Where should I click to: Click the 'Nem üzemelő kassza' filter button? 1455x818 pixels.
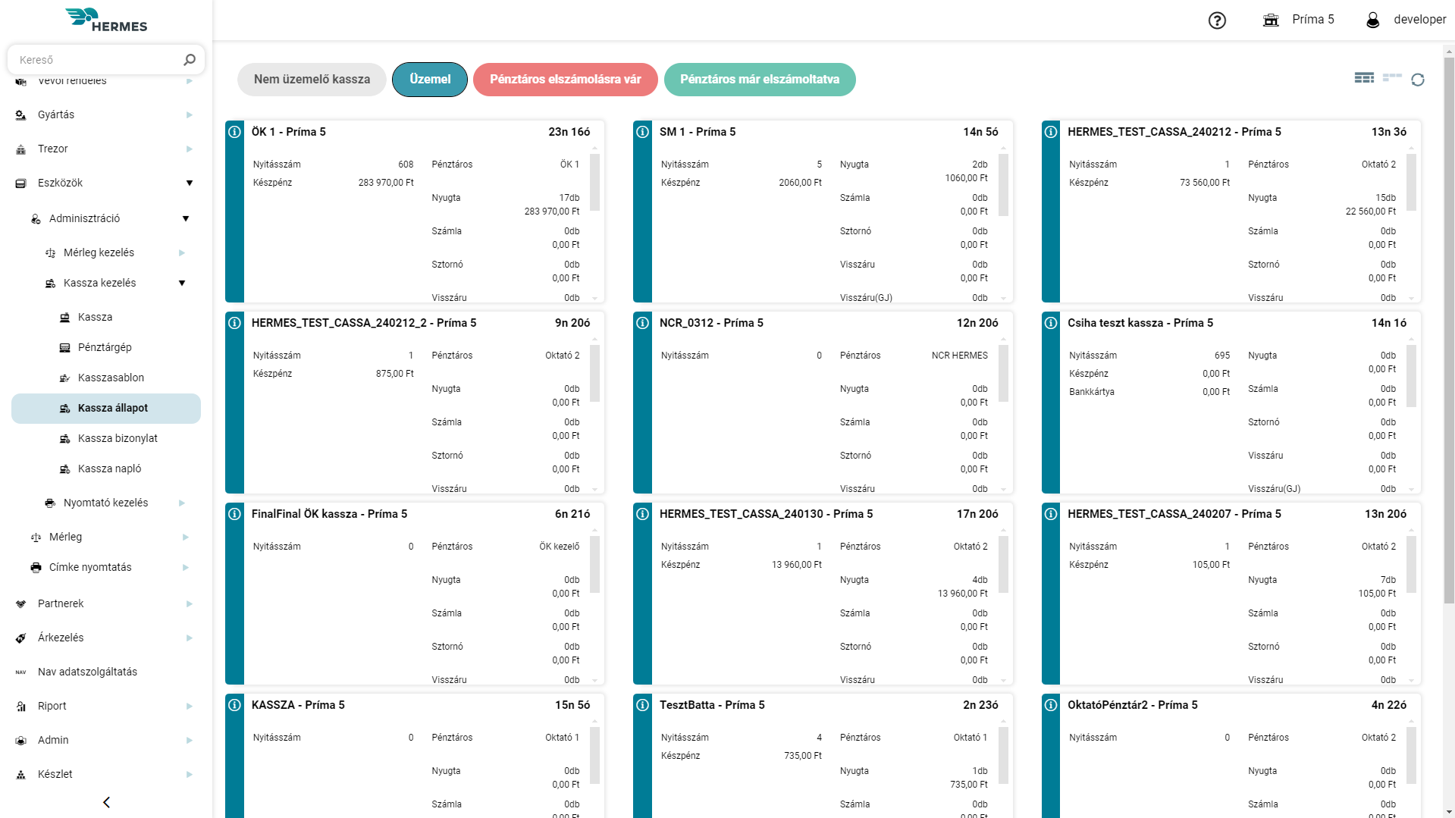point(312,80)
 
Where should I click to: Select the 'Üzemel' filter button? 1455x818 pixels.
point(430,80)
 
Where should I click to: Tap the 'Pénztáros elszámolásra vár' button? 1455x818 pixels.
point(565,80)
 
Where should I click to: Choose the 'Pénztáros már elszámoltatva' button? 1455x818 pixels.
point(759,80)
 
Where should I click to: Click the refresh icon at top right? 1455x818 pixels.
point(1418,80)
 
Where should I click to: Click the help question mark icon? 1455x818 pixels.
point(1217,20)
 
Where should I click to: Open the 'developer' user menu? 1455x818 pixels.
point(1406,20)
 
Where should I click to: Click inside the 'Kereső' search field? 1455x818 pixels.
point(99,60)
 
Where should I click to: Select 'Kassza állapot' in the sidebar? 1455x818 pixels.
point(112,408)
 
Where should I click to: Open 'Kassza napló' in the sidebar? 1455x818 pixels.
point(109,469)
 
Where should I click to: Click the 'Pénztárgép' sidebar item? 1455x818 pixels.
point(105,347)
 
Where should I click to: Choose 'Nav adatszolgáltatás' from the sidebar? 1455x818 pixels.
point(87,672)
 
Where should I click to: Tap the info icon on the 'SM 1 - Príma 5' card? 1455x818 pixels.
point(642,132)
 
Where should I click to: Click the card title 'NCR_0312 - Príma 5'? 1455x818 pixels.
point(711,323)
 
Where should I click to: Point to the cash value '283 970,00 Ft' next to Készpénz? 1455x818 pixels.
point(386,183)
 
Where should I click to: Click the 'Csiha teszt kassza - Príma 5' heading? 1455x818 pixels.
point(1140,323)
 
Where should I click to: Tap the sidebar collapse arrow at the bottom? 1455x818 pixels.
point(106,802)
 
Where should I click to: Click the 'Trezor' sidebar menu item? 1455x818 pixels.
point(53,149)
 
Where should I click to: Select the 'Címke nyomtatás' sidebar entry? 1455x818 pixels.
point(90,567)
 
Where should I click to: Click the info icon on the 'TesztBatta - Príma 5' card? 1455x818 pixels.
point(642,705)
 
